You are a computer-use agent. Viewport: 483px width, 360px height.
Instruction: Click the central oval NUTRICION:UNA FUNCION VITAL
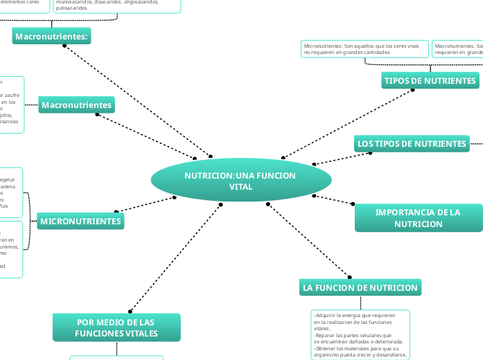coord(240,181)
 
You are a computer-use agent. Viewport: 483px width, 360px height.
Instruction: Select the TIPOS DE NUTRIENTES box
coord(430,81)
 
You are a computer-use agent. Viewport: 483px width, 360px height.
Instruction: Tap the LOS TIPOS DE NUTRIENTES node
coord(412,144)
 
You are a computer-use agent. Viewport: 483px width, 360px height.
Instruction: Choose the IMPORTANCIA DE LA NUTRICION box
coord(418,218)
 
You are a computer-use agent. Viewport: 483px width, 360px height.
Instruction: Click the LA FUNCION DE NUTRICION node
coord(360,287)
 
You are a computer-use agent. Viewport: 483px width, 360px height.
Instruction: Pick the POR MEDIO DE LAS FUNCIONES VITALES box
coord(116,327)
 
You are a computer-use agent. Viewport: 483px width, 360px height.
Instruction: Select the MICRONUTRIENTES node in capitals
coord(81,222)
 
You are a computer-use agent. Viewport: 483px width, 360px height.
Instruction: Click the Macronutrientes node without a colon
coord(76,105)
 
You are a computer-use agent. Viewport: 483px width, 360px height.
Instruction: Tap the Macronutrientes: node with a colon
coord(52,36)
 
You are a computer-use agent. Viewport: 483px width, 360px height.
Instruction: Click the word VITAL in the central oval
coord(240,187)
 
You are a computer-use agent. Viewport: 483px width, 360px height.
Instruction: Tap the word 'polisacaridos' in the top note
coord(72,8)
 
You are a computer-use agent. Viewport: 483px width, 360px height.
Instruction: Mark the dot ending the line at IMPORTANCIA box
coord(353,204)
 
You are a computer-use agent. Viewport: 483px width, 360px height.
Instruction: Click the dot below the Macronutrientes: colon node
coord(64,46)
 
